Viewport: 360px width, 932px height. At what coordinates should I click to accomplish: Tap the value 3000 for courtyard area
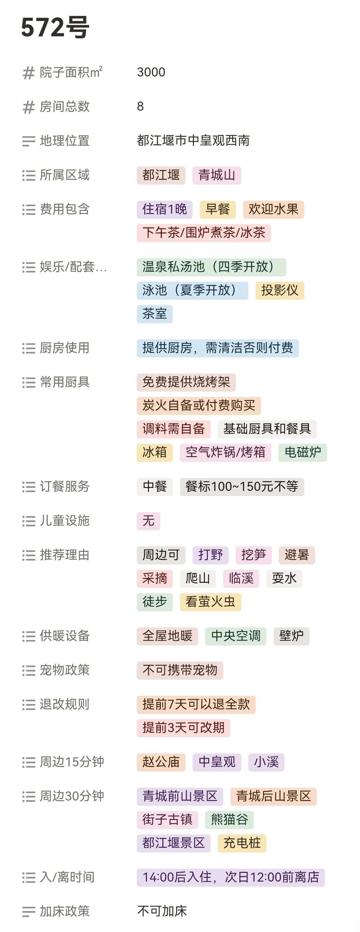tap(151, 72)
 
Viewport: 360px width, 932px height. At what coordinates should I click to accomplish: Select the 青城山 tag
tap(216, 176)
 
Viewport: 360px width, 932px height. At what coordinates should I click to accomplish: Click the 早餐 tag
tap(217, 209)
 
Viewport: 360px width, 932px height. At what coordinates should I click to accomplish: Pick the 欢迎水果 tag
tap(273, 209)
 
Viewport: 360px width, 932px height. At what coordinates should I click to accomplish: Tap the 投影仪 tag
tap(279, 290)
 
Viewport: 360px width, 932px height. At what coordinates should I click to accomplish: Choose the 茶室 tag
tap(154, 314)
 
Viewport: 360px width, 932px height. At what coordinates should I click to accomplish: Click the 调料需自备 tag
tap(173, 429)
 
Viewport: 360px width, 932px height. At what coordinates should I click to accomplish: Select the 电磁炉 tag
tap(302, 452)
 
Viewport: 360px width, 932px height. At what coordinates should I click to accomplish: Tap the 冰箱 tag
tap(154, 452)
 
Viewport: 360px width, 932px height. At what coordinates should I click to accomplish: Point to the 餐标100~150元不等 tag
tap(242, 487)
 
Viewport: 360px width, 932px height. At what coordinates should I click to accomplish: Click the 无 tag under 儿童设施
tap(148, 521)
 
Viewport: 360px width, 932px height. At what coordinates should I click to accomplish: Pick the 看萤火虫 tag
tap(210, 602)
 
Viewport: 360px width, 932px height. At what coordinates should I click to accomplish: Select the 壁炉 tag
tap(291, 636)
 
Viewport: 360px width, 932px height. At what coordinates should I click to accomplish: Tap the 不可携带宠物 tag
tap(180, 670)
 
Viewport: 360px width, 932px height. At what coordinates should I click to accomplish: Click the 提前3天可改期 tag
tap(183, 728)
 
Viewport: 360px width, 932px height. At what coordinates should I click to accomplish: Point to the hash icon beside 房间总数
tap(28, 107)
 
